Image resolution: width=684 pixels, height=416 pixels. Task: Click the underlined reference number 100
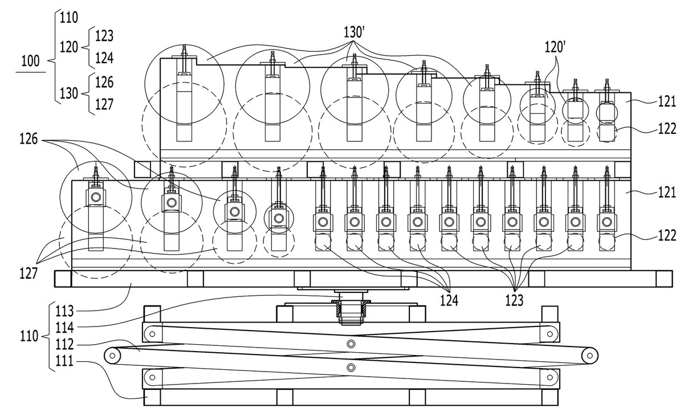31,61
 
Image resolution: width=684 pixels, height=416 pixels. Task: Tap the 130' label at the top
354,32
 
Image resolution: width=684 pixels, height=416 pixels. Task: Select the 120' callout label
555,47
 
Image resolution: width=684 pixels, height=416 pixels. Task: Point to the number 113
64,311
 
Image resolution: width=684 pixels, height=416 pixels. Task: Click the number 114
64,328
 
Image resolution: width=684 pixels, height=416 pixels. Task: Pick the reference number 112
64,345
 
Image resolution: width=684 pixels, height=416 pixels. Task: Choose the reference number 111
64,361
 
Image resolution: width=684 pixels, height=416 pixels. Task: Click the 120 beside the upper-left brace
69,47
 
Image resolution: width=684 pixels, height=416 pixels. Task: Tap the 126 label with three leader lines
28,139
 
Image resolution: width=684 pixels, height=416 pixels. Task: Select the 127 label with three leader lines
28,273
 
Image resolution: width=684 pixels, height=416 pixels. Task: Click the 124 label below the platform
449,301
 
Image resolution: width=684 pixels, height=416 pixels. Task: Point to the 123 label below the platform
514,301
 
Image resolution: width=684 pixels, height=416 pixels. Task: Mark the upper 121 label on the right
667,101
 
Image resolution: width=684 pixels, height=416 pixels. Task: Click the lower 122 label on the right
667,235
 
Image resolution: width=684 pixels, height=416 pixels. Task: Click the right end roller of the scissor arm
589,356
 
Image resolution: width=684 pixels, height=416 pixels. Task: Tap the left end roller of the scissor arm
112,356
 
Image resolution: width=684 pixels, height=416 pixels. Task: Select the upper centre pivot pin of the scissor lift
351,344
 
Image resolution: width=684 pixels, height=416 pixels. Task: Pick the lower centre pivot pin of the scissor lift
351,367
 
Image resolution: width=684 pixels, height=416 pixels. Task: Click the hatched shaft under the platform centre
351,312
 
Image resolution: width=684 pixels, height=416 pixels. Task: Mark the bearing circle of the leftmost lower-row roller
96,197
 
